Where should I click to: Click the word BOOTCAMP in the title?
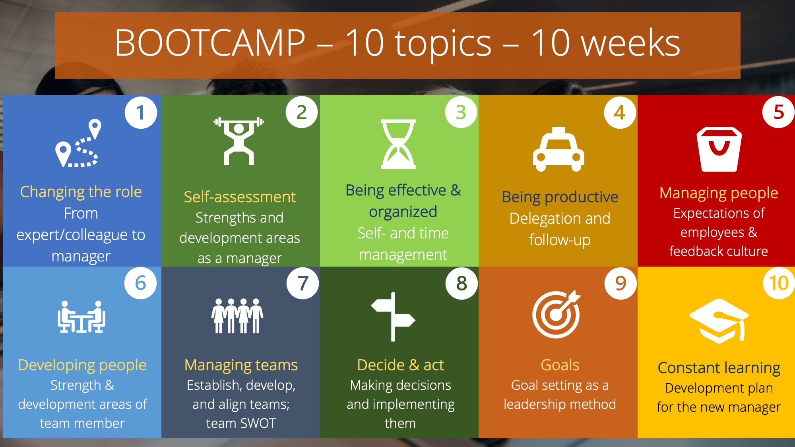[x=210, y=43]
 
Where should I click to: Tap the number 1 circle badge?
[x=141, y=112]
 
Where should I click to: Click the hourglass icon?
[x=398, y=144]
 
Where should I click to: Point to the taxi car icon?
[x=558, y=149]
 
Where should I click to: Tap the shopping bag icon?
[x=719, y=149]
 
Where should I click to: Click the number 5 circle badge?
[x=779, y=112]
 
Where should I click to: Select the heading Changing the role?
[x=81, y=192]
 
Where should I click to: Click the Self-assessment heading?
[x=240, y=197]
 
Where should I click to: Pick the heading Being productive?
[x=560, y=197]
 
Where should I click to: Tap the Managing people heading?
[x=719, y=193]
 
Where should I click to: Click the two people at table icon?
[x=81, y=317]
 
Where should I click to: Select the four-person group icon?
[x=237, y=316]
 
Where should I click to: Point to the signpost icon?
[x=393, y=317]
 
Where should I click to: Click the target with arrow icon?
[x=556, y=314]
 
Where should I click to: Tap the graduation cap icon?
[x=719, y=321]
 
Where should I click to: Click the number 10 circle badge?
[x=779, y=283]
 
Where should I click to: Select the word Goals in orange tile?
[x=560, y=365]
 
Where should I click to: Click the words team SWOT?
[x=241, y=423]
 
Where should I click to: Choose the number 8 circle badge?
[x=461, y=283]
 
